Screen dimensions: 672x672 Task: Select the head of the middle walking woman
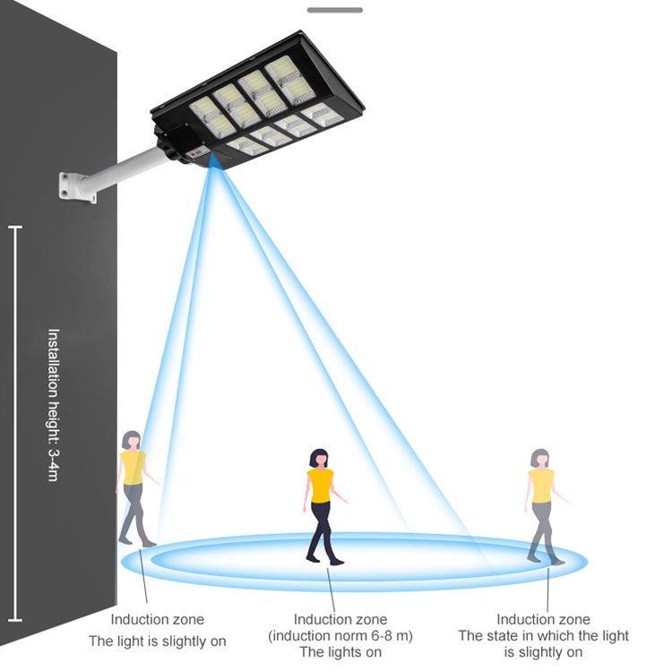[319, 458]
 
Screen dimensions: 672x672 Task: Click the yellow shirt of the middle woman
[320, 486]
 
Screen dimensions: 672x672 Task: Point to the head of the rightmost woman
[539, 458]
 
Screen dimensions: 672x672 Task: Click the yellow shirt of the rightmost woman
[541, 485]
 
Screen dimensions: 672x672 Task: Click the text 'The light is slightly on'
[157, 641]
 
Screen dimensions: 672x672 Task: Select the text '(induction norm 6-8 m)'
[340, 635]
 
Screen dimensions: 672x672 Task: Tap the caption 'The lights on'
[340, 651]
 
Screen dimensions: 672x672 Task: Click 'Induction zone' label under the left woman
[157, 619]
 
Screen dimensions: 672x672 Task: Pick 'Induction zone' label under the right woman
[543, 619]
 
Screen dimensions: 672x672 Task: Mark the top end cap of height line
[15, 228]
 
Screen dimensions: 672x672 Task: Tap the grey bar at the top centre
[334, 10]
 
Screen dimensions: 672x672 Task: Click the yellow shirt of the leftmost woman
[133, 467]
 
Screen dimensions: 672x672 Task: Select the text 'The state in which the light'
[543, 635]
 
